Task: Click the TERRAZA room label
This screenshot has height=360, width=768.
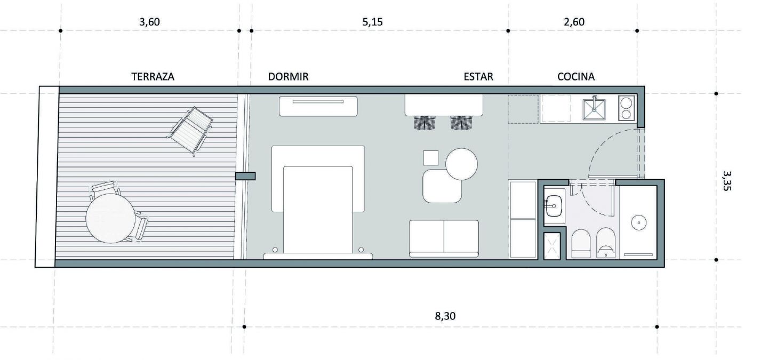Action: [153, 76]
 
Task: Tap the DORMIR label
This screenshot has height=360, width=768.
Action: [288, 76]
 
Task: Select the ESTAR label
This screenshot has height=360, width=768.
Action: [478, 76]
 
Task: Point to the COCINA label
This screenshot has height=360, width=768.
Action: [575, 76]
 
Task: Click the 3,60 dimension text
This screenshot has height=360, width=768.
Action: [149, 22]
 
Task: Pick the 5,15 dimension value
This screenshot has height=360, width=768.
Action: [372, 22]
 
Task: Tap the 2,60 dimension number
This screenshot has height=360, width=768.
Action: [574, 22]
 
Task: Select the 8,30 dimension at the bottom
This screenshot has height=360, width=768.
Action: [445, 316]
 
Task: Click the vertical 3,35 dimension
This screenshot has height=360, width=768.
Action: [726, 181]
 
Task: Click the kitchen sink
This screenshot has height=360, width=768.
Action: [594, 109]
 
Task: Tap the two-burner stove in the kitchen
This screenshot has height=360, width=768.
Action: [626, 108]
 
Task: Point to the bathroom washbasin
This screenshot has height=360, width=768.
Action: [554, 206]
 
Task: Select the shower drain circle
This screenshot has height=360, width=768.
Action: [639, 222]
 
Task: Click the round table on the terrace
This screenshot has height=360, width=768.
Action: [110, 218]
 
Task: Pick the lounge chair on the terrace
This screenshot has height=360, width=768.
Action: [190, 130]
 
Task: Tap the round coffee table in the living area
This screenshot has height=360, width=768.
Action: [461, 164]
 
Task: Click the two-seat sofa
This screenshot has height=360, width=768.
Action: [444, 238]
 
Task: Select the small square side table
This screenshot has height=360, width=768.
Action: [430, 158]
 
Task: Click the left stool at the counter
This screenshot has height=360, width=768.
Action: [425, 123]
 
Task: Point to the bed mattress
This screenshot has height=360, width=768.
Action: [318, 210]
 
